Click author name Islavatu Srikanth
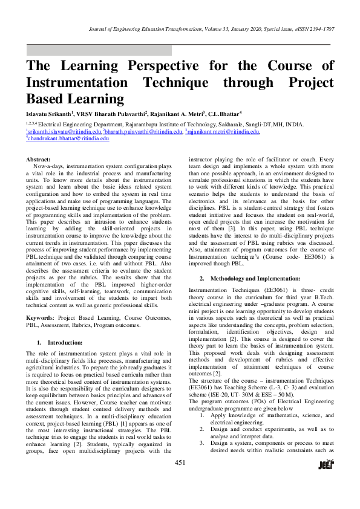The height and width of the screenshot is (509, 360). (x=48, y=112)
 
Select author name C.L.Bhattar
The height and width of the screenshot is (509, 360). (x=224, y=112)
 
